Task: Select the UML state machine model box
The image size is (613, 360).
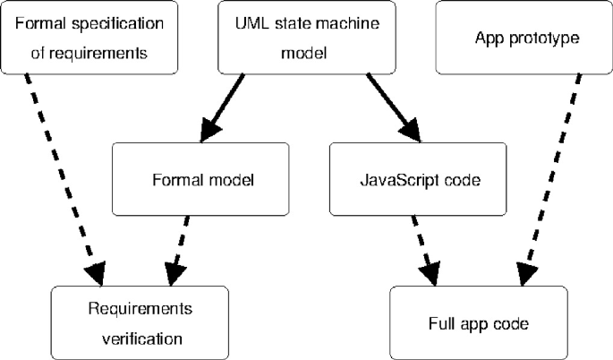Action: coord(306,38)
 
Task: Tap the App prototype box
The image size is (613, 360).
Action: coord(524,38)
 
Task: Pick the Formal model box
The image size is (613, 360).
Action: coord(200,179)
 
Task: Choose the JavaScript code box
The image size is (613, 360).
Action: coord(419,179)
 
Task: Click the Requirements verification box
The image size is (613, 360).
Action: coord(140,322)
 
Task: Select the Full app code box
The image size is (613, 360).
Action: coord(478,322)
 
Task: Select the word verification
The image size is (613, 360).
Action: coord(140,339)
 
